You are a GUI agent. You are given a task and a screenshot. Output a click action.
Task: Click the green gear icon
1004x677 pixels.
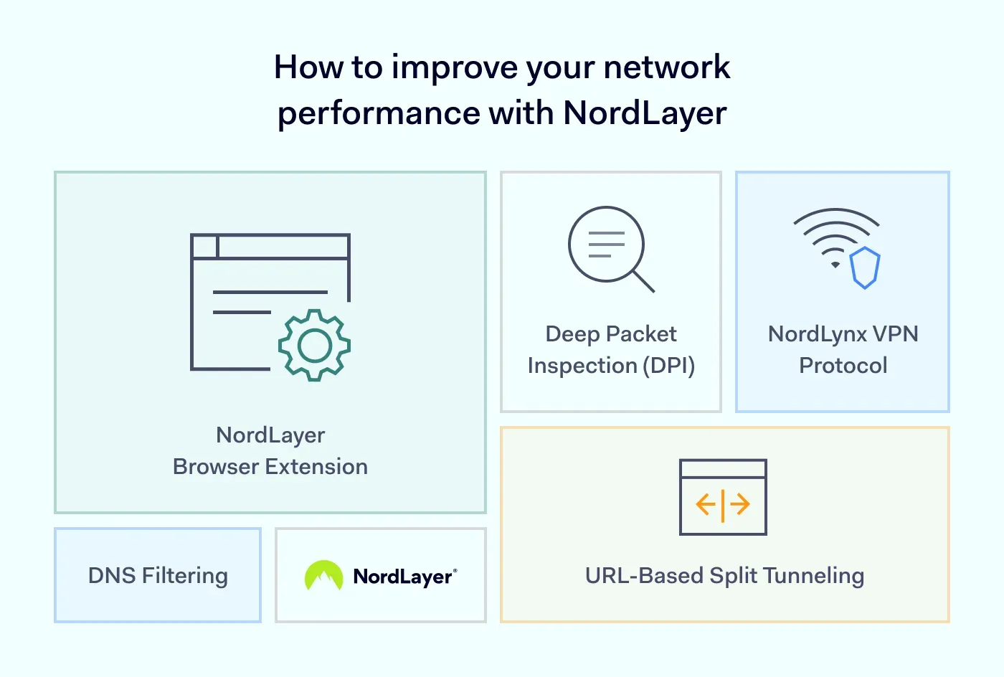pyautogui.click(x=314, y=346)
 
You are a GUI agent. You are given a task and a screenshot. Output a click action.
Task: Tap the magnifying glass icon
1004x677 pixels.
pyautogui.click(x=607, y=245)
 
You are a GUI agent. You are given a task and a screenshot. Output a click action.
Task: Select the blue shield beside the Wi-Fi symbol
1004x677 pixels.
pyautogui.click(x=865, y=268)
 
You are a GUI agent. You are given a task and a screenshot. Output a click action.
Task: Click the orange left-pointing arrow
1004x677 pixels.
pyautogui.click(x=706, y=504)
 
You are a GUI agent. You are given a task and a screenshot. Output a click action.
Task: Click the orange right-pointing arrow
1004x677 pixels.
pyautogui.click(x=740, y=504)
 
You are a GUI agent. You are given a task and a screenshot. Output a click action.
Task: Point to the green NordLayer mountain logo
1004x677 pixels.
pyautogui.click(x=323, y=575)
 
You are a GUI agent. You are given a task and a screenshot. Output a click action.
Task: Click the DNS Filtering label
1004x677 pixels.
pyautogui.click(x=158, y=575)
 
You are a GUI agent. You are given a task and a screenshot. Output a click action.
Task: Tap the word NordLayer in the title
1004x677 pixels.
pyautogui.click(x=645, y=113)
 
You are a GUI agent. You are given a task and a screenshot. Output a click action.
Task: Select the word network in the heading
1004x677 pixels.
pyautogui.click(x=666, y=67)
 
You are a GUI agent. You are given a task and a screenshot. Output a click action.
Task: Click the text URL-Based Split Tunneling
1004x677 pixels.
pyautogui.click(x=724, y=575)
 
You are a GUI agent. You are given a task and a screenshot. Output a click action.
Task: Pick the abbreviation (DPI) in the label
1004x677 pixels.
pyautogui.click(x=668, y=366)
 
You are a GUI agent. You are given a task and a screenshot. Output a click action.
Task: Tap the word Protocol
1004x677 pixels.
pyautogui.click(x=843, y=366)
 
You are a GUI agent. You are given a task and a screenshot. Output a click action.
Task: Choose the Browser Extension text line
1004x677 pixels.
pyautogui.click(x=270, y=467)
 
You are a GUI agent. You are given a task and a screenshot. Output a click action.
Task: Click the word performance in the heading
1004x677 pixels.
pyautogui.click(x=379, y=113)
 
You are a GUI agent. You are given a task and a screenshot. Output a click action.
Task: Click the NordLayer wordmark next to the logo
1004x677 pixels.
pyautogui.click(x=404, y=577)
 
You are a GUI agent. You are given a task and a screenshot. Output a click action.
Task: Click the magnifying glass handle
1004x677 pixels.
pyautogui.click(x=643, y=281)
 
